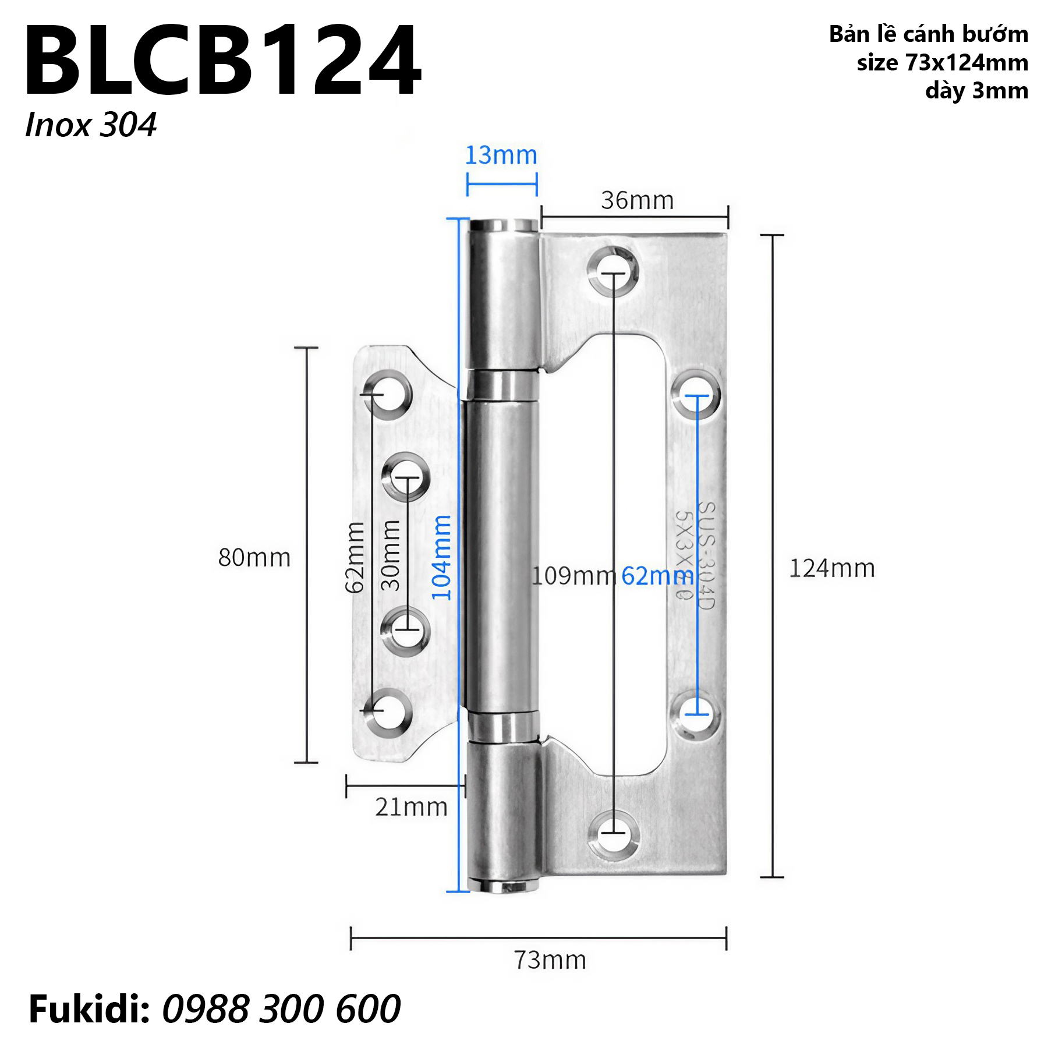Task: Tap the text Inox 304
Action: pyautogui.click(x=90, y=125)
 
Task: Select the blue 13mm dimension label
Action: pyautogui.click(x=501, y=155)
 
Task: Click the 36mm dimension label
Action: pyautogui.click(x=637, y=200)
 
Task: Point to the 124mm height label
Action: pyautogui.click(x=831, y=568)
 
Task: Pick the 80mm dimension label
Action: pyautogui.click(x=254, y=558)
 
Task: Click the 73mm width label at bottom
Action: pyautogui.click(x=550, y=960)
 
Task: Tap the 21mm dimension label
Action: pyautogui.click(x=411, y=808)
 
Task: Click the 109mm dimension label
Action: pyautogui.click(x=574, y=576)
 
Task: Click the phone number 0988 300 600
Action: pyautogui.click(x=281, y=1009)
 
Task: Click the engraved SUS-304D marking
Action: pyautogui.click(x=704, y=556)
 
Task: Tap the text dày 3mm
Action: pyautogui.click(x=976, y=91)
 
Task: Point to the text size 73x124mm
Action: pyautogui.click(x=941, y=62)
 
